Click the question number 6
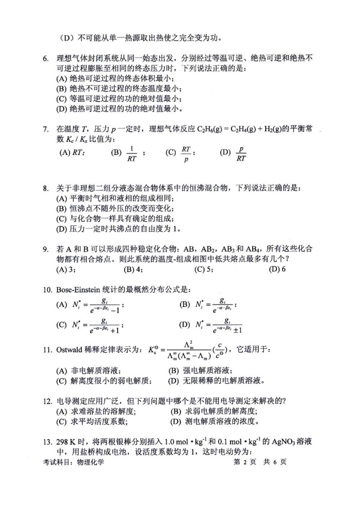coord(46,58)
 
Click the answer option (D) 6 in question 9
coord(277,269)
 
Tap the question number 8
coord(46,188)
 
